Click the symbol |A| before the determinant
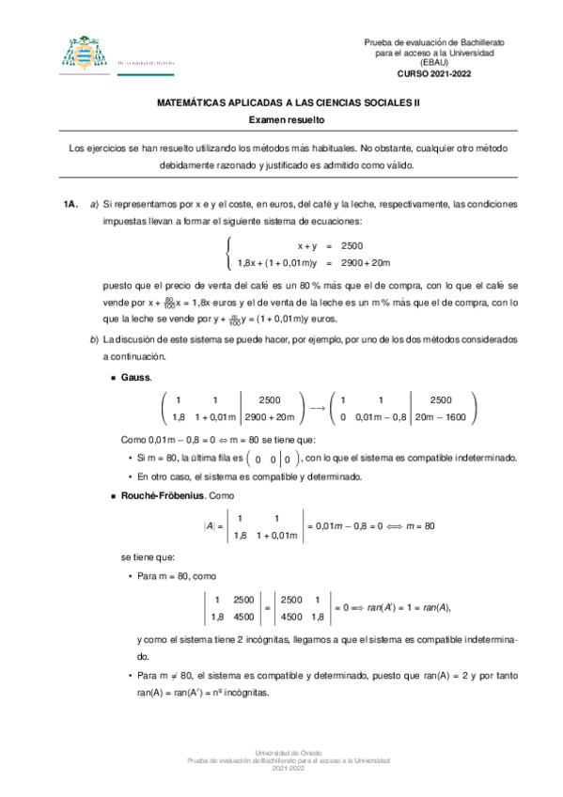212,527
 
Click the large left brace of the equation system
228,254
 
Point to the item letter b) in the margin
93,339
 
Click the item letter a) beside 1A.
93,204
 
